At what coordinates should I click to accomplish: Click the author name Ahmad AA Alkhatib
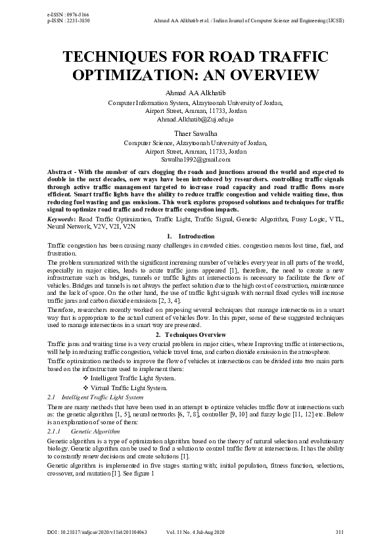pos(195,93)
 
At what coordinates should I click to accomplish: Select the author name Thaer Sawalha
pos(195,133)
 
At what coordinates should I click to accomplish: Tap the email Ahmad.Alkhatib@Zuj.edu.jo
pos(195,120)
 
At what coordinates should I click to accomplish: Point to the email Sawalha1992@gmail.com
pos(195,159)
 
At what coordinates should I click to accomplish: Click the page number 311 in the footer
pos(339,531)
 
